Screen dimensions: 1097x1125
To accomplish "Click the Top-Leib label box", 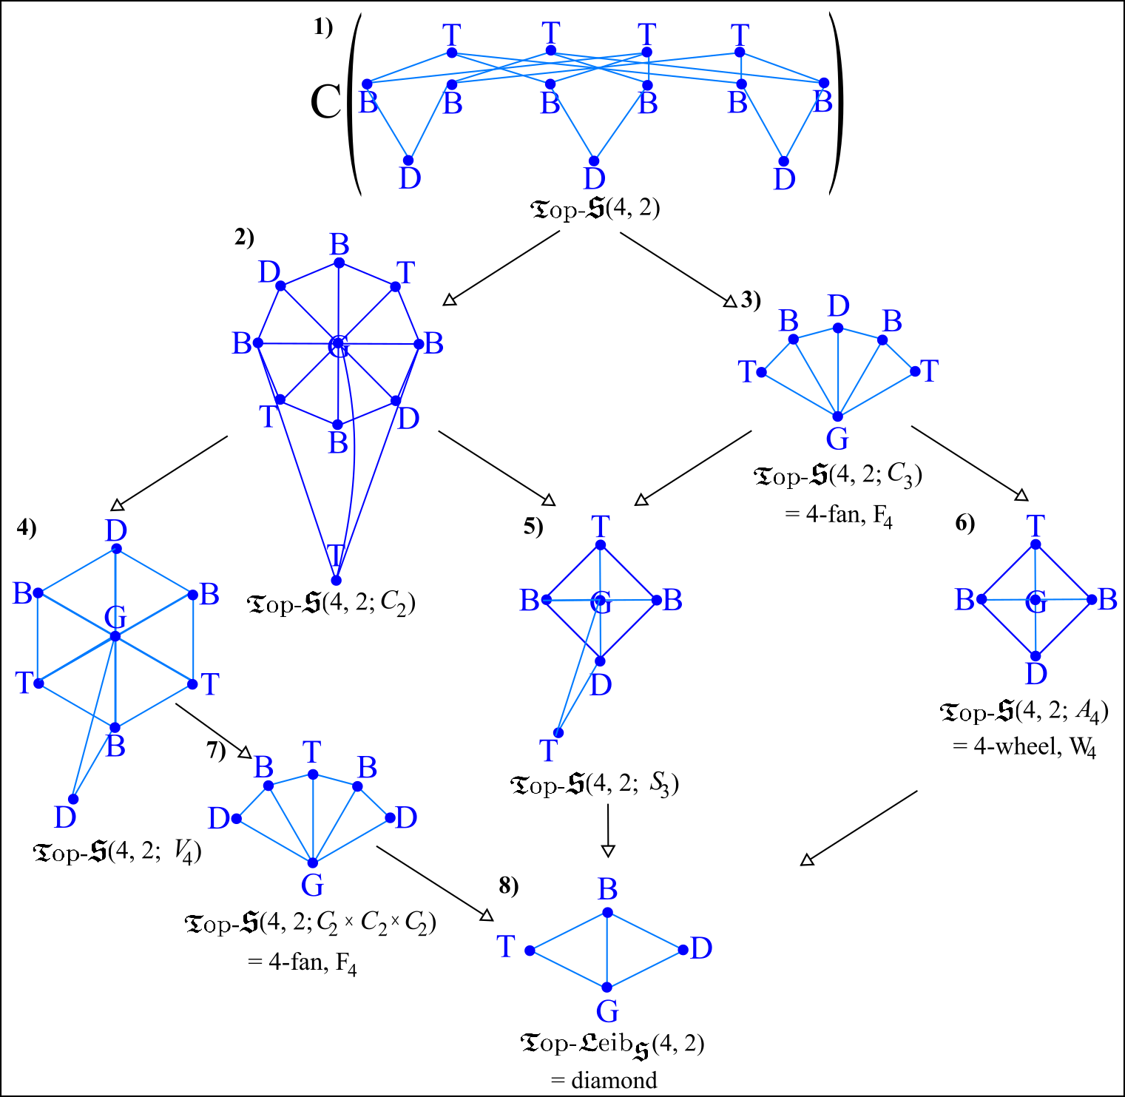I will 584,1044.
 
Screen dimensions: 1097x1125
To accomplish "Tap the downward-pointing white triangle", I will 608,851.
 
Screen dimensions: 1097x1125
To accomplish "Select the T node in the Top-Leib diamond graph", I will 530,951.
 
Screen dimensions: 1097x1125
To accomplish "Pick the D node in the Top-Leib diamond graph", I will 683,950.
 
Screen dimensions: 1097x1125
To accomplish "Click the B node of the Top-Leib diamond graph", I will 607,913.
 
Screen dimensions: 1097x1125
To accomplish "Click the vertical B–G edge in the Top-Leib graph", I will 607,951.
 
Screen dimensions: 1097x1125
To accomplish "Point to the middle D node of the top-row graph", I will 594,161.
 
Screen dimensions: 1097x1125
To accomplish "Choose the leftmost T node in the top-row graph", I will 452,53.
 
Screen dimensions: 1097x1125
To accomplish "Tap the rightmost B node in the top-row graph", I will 824,83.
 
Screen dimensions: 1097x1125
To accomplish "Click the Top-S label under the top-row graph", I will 568,209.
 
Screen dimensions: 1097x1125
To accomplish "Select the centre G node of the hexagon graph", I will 115,636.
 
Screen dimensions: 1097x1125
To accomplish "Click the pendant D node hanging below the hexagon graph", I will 73,799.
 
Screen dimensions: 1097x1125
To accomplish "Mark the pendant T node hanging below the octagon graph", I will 336,581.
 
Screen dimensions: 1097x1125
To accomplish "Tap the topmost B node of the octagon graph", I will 339,263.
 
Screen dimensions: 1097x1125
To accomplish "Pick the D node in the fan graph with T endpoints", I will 838,328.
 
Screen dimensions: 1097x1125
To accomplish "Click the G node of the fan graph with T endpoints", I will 838,416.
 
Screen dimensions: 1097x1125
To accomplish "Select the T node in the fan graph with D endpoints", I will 313,774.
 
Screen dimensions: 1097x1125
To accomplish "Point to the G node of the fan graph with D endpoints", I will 313,863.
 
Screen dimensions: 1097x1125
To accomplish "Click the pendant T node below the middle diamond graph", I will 559,733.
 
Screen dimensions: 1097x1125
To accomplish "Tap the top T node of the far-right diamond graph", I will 1036,544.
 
